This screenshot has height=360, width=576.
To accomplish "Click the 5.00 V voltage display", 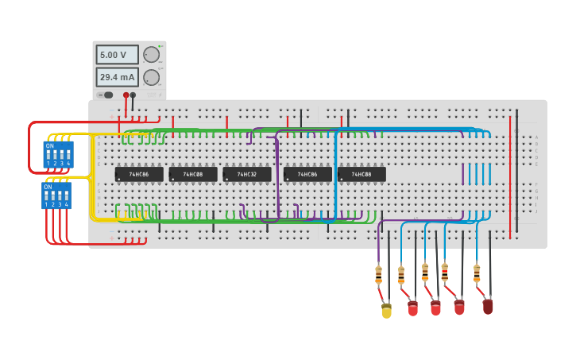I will pos(117,55).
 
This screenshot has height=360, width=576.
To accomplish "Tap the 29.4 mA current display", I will pos(117,77).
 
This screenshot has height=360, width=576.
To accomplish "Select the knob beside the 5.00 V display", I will pos(151,55).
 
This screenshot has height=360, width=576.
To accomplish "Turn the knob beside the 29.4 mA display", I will pos(151,77).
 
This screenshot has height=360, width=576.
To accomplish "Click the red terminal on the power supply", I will pos(126,95).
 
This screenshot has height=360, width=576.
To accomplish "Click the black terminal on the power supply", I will pos(133,95).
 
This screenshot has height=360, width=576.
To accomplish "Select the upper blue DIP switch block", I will pos(57,154).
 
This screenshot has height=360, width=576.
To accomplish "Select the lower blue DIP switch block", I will pos(56,195).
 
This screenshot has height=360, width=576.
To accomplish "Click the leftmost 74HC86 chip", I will pos(139,174).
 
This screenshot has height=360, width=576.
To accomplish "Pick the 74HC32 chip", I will pos(246,174).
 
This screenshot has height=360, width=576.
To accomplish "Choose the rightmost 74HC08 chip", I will pos(361,174).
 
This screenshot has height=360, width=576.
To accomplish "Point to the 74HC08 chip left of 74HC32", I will pos(193,174).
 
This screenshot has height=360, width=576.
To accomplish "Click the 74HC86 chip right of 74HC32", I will pos(307,174).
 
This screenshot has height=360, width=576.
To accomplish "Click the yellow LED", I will pos(386,310).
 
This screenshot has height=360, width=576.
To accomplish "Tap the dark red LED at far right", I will pos(488,306).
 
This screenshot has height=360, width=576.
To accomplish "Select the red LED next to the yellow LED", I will pos(412,308).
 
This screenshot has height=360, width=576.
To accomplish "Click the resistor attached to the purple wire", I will pos(378,275).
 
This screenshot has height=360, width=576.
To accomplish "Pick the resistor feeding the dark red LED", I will pos(477,273).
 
